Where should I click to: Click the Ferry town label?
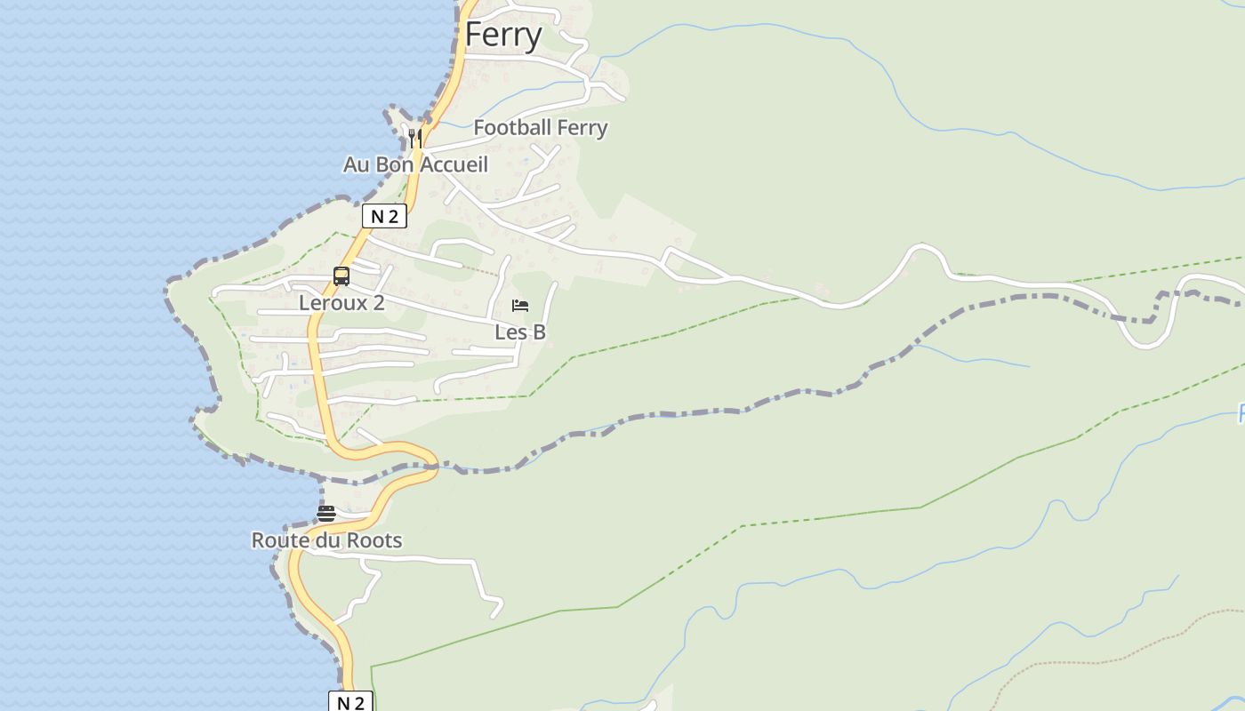(503, 36)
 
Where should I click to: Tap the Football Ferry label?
(541, 128)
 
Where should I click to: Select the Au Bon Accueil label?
(415, 164)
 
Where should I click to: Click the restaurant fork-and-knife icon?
(415, 138)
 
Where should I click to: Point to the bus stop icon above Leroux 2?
(341, 276)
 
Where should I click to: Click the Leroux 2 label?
(341, 302)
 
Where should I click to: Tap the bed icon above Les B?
(520, 307)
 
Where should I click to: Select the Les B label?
(520, 332)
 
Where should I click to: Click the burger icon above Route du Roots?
(326, 514)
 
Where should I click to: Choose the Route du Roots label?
(326, 540)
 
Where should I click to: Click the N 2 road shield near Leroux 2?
(384, 216)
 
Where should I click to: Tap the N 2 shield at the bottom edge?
(351, 702)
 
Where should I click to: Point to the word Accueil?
(454, 164)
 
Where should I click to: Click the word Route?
(279, 540)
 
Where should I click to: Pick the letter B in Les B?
(538, 332)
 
